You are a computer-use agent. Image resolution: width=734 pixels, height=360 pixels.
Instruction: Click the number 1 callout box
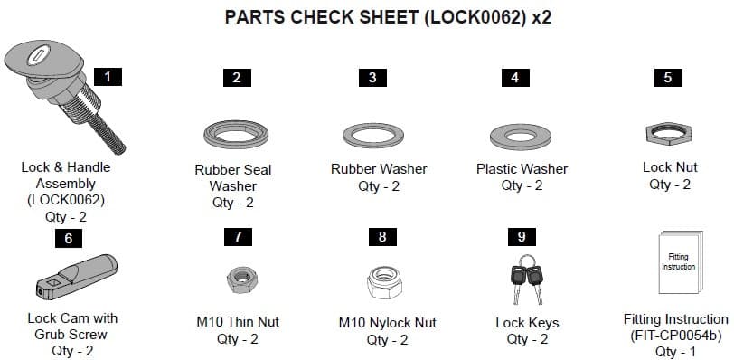[x=108, y=77]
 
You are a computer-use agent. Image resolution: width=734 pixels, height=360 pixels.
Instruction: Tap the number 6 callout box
[x=68, y=240]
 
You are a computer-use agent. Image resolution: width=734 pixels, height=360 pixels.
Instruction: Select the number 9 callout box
[x=522, y=237]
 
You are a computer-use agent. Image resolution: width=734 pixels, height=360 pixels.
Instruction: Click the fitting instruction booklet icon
[x=677, y=267]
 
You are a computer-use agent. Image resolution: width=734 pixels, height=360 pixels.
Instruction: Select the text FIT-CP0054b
[x=676, y=336]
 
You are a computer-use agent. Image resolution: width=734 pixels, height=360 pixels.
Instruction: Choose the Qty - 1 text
[x=676, y=352]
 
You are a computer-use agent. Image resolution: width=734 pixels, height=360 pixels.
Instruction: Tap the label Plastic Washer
[x=522, y=169]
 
